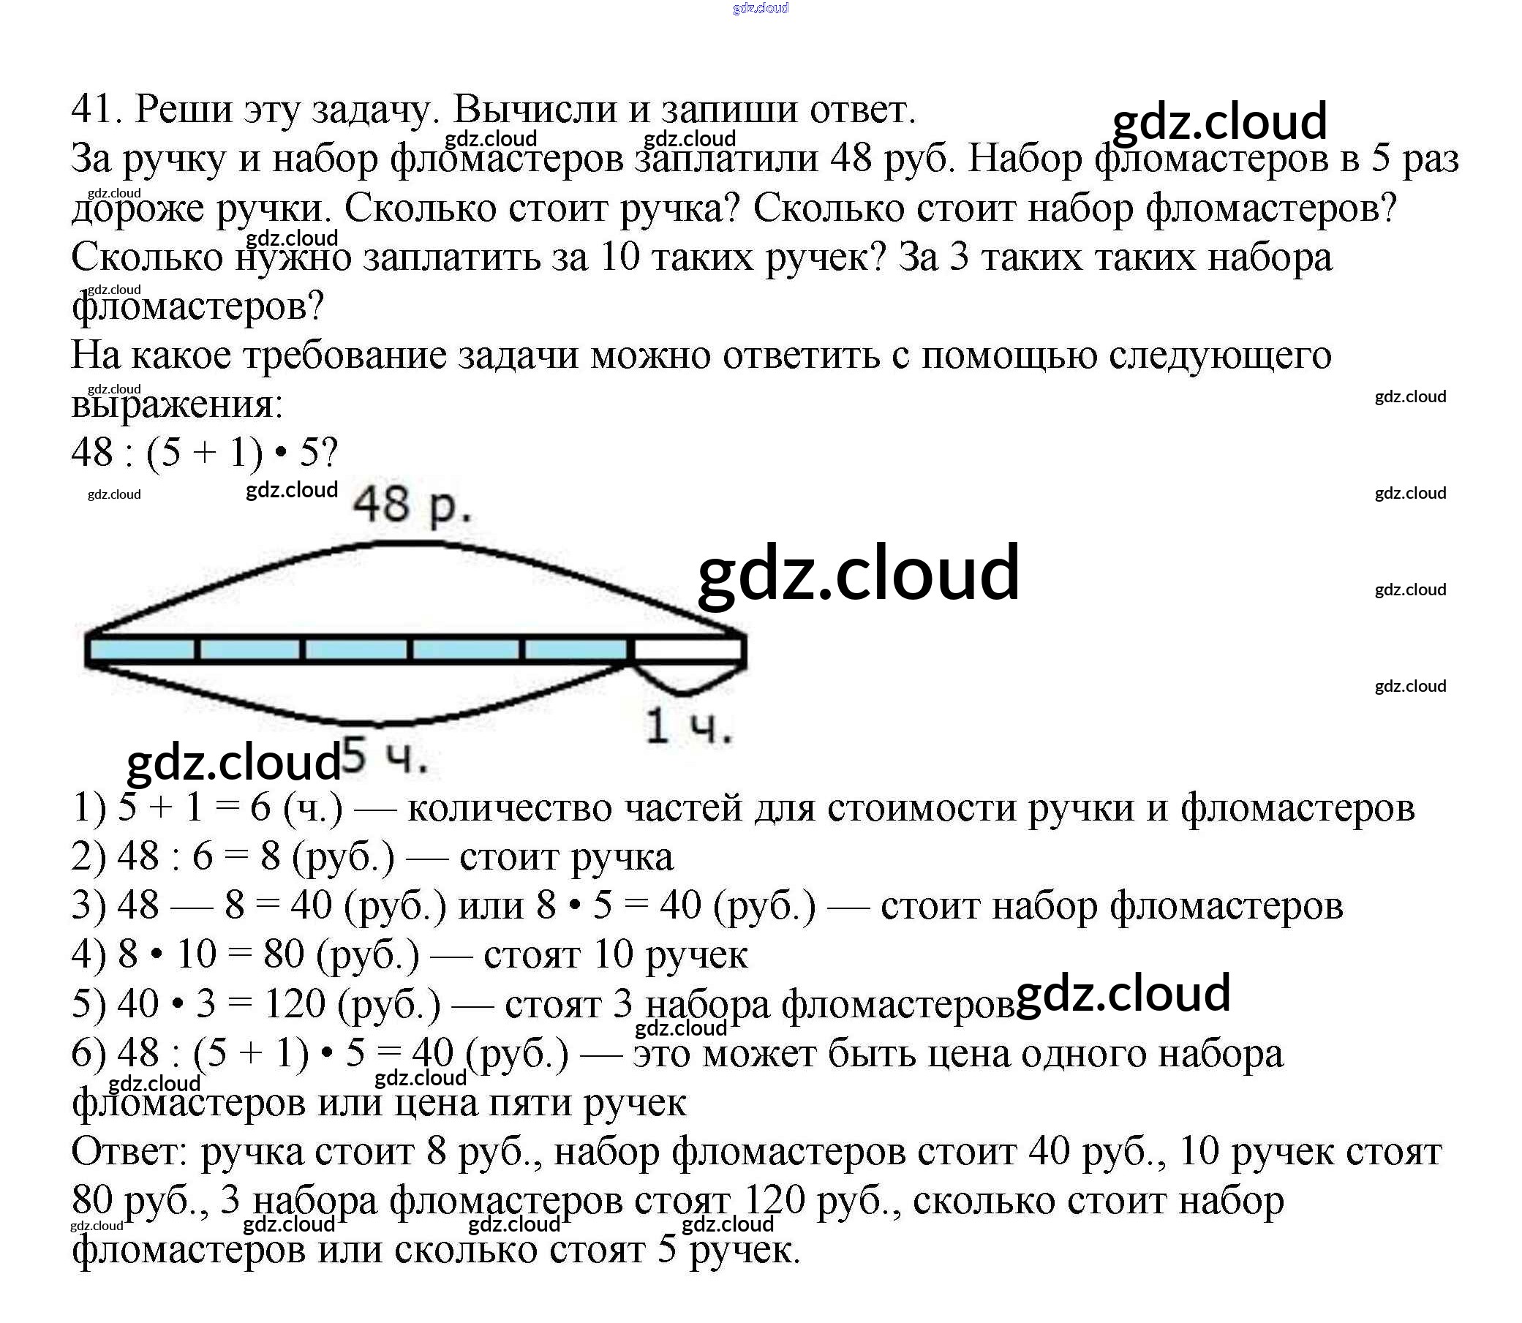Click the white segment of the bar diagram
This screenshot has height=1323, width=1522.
pos(688,649)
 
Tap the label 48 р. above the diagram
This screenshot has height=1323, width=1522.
pos(410,508)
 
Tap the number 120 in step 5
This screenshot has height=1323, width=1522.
pos(295,1004)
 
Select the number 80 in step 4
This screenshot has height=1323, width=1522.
pos(284,954)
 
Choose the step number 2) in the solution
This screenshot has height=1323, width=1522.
pos(89,856)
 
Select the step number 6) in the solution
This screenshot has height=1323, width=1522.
pos(89,1054)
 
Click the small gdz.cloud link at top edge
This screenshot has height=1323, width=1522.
pos(761,8)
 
